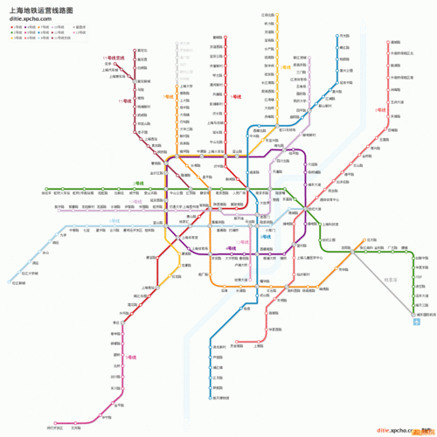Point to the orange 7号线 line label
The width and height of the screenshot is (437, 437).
click(x=167, y=98)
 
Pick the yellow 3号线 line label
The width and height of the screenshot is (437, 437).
click(x=286, y=66)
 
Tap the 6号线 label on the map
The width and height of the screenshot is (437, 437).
click(x=380, y=110)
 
